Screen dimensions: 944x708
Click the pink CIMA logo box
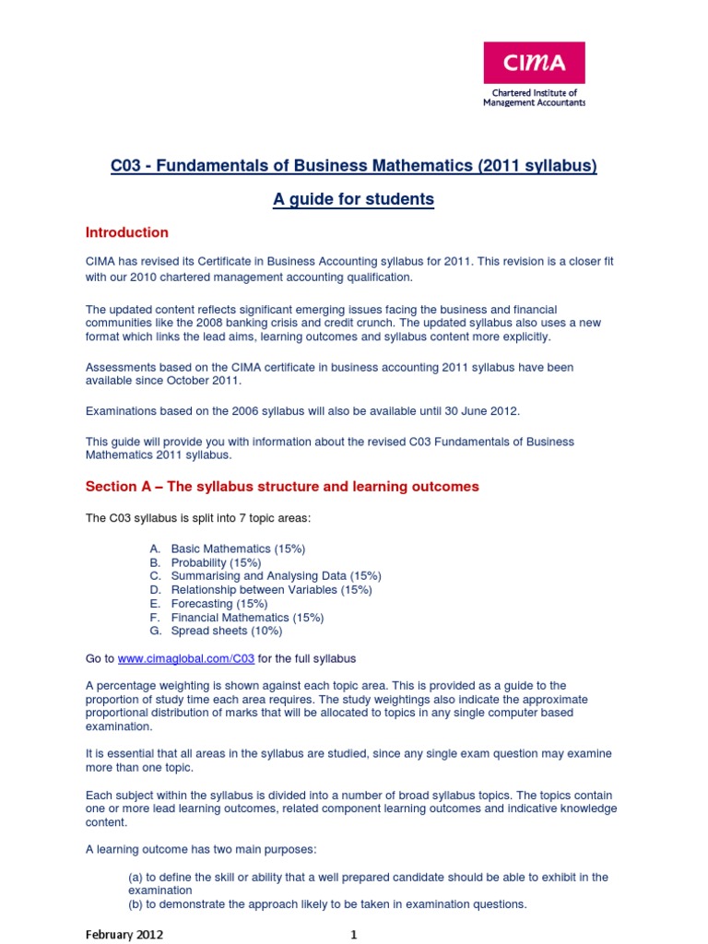click(535, 63)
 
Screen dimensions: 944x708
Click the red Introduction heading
click(127, 232)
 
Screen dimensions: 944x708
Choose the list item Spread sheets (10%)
click(227, 631)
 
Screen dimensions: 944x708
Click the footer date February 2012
click(124, 934)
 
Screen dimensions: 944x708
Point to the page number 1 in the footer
click(353, 934)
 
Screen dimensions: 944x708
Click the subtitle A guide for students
click(353, 199)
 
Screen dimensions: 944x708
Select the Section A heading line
click(282, 487)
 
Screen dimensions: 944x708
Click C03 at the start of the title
click(127, 166)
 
